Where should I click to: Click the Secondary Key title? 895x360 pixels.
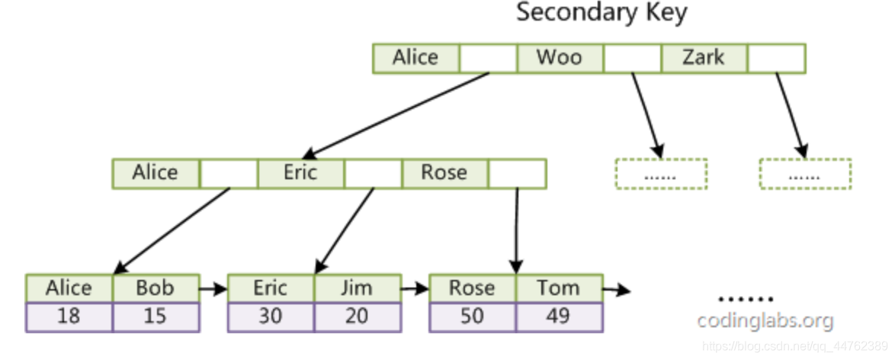[x=601, y=14]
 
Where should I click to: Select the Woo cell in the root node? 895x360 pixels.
[x=560, y=58]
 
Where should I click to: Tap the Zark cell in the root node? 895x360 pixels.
[x=703, y=58]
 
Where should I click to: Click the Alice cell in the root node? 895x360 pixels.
[x=415, y=58]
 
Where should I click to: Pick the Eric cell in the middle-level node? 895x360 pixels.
[x=300, y=173]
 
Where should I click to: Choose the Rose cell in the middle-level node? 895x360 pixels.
[x=444, y=173]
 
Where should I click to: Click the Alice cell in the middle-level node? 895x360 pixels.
[x=156, y=173]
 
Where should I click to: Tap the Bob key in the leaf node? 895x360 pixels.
[x=156, y=288]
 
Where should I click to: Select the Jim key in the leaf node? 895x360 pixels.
[x=358, y=288]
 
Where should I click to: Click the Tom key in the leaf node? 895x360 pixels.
[x=559, y=288]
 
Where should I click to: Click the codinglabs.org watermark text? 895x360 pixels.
[x=765, y=321]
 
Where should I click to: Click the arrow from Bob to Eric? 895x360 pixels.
[x=213, y=290]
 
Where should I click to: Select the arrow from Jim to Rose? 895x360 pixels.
[x=415, y=290]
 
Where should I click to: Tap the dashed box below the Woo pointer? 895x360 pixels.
[x=661, y=174]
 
